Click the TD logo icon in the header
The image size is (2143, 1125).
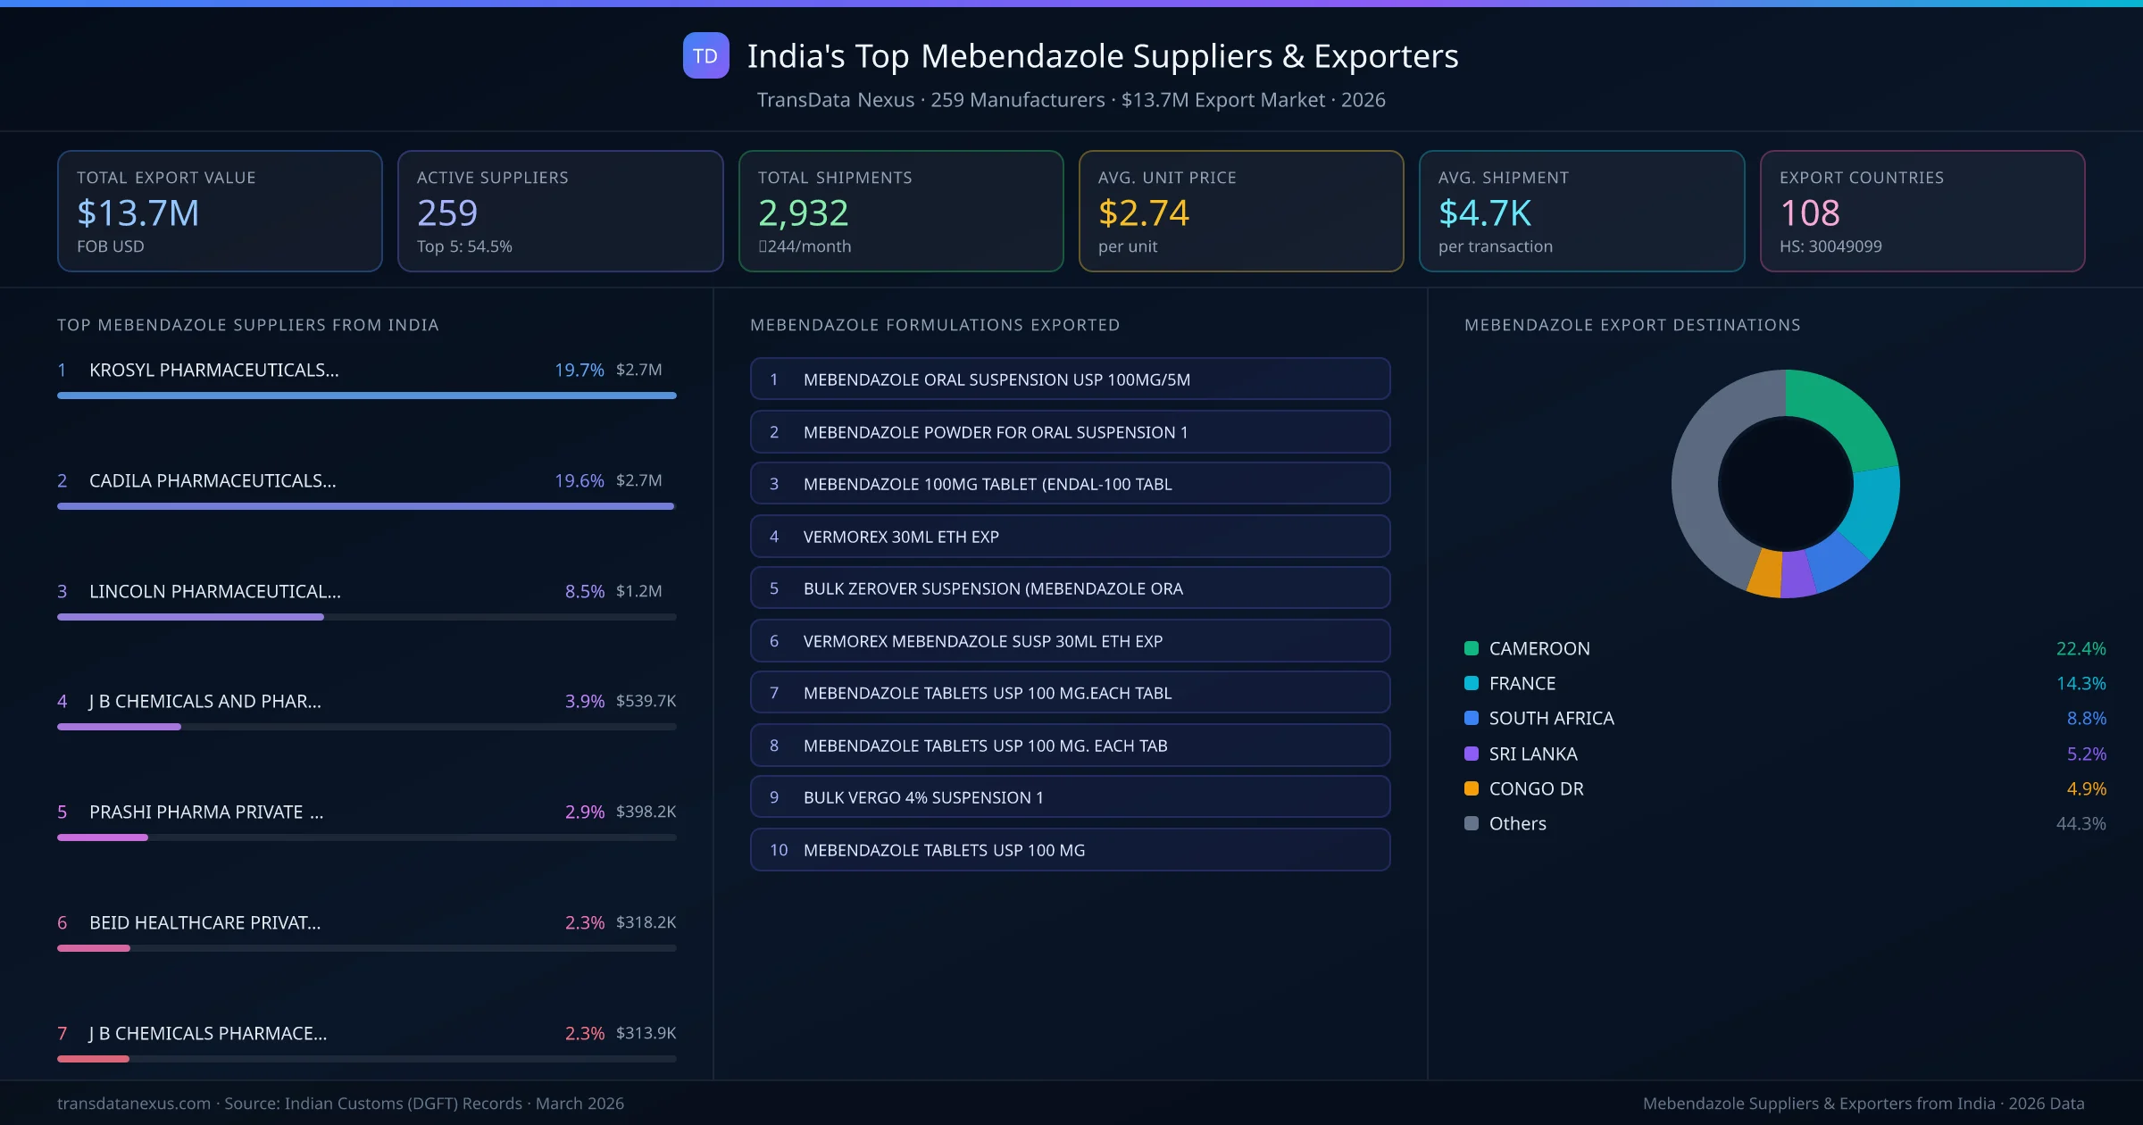tap(705, 56)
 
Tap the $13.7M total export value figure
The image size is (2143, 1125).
tap(138, 213)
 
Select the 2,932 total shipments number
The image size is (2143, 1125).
tap(803, 213)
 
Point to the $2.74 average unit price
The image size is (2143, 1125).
tap(1143, 213)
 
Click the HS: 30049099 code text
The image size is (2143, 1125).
tap(1830, 246)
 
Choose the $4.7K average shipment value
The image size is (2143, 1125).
tap(1484, 213)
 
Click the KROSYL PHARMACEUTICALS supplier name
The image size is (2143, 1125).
tap(213, 370)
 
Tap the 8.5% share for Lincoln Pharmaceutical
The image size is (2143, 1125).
tap(584, 591)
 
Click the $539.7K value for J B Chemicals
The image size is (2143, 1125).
tap(646, 702)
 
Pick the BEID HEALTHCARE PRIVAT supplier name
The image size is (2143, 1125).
tap(204, 922)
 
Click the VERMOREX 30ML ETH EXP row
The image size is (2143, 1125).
tap(1070, 537)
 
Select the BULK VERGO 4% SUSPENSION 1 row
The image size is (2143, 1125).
tap(1070, 797)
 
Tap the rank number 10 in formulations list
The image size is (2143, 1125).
tap(779, 850)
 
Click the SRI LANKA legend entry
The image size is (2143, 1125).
tap(1532, 754)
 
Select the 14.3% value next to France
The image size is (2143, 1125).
tap(2080, 684)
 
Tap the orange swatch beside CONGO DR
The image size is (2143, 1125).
tap(1472, 788)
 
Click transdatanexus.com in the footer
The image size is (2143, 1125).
tap(134, 1104)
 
